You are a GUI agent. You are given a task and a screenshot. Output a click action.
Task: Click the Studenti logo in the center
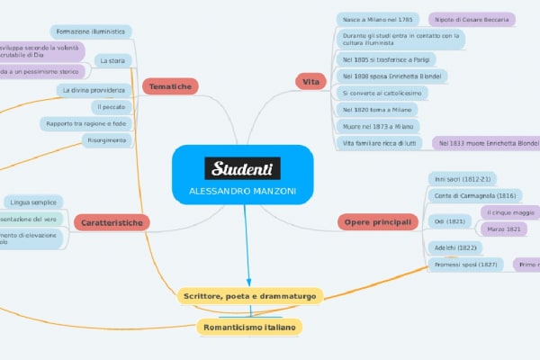pyautogui.click(x=242, y=168)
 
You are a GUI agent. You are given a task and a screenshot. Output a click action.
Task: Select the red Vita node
pyautogui.click(x=311, y=82)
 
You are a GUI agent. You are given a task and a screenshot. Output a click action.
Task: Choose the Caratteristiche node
pyautogui.click(x=111, y=221)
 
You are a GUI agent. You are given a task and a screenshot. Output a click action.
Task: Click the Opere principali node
pyautogui.click(x=377, y=220)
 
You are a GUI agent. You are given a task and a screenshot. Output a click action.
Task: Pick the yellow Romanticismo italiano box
pyautogui.click(x=249, y=328)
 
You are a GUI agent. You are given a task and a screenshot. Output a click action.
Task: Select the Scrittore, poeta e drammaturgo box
pyautogui.click(x=250, y=295)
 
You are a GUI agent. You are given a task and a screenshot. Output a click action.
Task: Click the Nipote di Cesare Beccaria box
pyautogui.click(x=471, y=19)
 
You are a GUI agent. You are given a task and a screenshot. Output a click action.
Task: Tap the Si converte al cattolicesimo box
pyautogui.click(x=377, y=93)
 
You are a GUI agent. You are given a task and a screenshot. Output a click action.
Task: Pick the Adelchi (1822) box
pyautogui.click(x=455, y=247)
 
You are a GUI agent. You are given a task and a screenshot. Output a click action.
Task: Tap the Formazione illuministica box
pyautogui.click(x=89, y=31)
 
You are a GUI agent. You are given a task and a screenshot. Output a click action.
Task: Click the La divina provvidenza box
pyautogui.click(x=93, y=90)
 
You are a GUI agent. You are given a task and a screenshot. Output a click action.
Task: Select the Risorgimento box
pyautogui.click(x=107, y=140)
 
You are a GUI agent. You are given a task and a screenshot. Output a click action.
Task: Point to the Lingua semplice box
pyautogui.click(x=35, y=201)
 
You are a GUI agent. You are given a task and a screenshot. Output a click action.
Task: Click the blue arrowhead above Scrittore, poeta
pyautogui.click(x=247, y=281)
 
